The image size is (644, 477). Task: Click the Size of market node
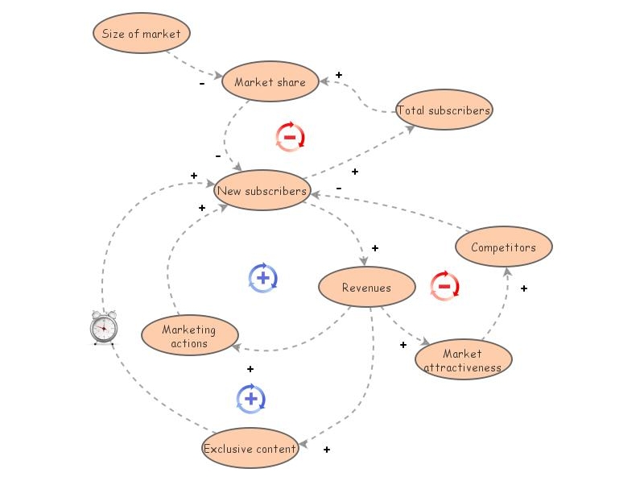coord(142,34)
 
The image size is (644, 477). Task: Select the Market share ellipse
coord(270,82)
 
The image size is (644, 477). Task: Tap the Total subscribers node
coord(444,110)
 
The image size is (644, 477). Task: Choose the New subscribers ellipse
coord(262,191)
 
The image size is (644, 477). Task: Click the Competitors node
coord(503,247)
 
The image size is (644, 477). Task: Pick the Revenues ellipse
coord(366,288)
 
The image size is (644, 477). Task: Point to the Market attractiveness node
coord(463,360)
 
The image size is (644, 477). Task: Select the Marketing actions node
coord(189,336)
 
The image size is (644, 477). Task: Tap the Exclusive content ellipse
coord(250,449)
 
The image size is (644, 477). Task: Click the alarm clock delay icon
coord(103,327)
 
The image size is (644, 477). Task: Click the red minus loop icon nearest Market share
coord(290,137)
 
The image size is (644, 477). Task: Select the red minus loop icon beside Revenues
coord(444,286)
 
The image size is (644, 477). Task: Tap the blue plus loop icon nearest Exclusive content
coord(251,399)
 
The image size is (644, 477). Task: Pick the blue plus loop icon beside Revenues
coord(263,278)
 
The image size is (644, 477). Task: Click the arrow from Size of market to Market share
coord(193,64)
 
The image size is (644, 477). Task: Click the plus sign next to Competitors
coord(523,288)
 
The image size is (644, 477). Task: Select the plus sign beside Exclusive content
coord(326,450)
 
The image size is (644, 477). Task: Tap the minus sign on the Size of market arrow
coord(201,83)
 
